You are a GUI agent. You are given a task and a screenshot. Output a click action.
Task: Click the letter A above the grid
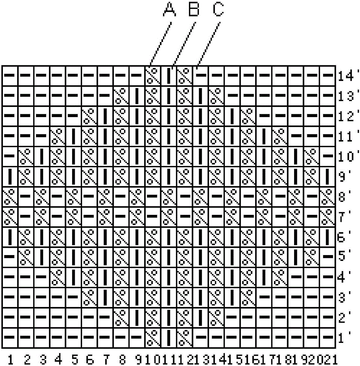(169, 10)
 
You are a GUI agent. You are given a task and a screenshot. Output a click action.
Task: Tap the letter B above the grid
(194, 10)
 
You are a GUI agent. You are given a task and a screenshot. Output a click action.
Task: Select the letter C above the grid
(218, 10)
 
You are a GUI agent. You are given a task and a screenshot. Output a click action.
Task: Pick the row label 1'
(344, 338)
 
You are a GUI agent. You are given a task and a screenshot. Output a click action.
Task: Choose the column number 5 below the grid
(74, 359)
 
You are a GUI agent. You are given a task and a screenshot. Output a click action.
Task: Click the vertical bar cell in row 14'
(169, 76)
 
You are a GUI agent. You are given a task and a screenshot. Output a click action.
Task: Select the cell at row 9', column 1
(10, 176)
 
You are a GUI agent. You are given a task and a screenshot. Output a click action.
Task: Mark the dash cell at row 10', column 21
(328, 156)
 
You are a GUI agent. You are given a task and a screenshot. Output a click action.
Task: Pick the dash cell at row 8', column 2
(26, 196)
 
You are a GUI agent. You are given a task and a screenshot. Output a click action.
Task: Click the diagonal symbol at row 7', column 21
(328, 216)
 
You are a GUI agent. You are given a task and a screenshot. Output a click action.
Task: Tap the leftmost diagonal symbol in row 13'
(121, 96)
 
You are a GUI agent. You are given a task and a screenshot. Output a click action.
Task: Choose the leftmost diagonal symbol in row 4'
(58, 277)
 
